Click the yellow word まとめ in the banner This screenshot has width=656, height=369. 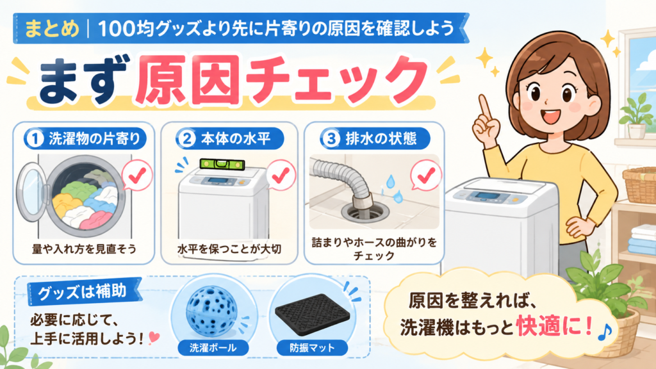(52, 29)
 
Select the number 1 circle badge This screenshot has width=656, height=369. (35, 138)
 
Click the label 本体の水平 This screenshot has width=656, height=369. (236, 138)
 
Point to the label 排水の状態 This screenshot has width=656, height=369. (381, 138)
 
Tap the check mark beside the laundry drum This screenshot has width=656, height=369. (137, 176)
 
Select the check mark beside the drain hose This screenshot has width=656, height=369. (426, 176)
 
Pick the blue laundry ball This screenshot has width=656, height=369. (211, 309)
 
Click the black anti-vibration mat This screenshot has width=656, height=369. (312, 313)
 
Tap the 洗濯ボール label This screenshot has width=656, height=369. (213, 348)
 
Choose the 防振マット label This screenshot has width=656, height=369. (312, 348)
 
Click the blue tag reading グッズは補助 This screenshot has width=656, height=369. (82, 292)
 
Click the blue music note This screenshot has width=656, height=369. (605, 332)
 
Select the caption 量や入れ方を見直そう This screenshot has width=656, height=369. (84, 249)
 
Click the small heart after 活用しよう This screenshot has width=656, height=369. (153, 337)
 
